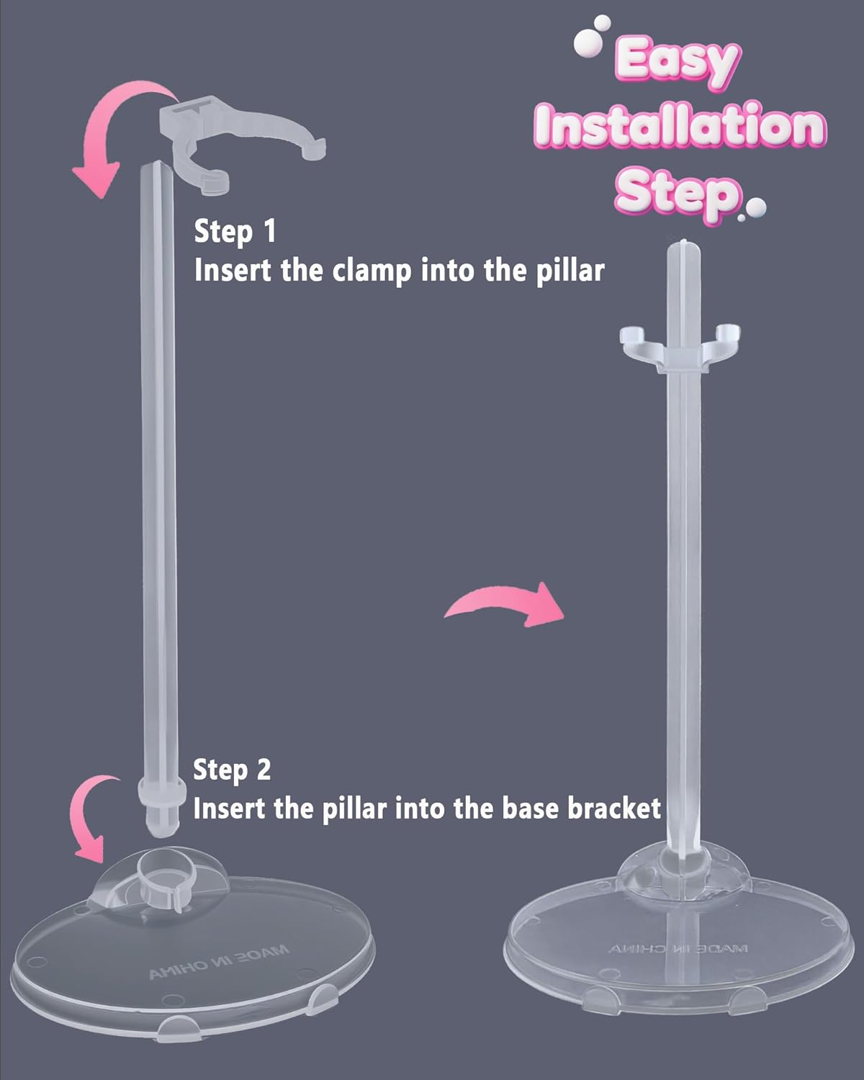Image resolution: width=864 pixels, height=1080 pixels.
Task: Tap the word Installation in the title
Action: (680, 127)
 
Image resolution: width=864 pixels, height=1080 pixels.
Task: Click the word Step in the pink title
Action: (677, 192)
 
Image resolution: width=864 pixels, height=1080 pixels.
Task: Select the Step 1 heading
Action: (235, 232)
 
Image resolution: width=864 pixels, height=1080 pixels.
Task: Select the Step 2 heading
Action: (232, 770)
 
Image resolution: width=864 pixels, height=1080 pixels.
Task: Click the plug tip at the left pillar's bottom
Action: (158, 821)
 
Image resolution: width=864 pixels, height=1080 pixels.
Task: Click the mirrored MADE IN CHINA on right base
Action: (679, 949)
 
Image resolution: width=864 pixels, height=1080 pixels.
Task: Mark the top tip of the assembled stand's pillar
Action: (680, 242)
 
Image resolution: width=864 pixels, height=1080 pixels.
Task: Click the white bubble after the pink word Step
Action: (756, 209)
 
